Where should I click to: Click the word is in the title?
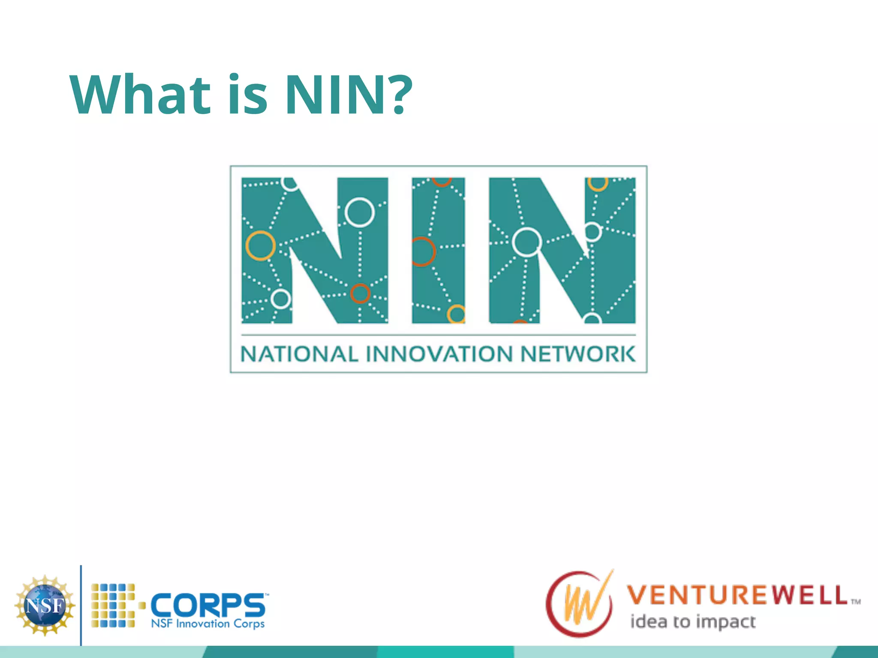[x=247, y=95]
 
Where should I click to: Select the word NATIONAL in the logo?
[x=299, y=354]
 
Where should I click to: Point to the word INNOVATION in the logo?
[x=439, y=354]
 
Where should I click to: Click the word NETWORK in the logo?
[x=578, y=354]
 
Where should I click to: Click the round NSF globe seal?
[x=45, y=605]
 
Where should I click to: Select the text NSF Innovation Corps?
[x=208, y=623]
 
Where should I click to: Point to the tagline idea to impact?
[x=693, y=622]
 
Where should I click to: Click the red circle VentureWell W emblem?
[x=580, y=604]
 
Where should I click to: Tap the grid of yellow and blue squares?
[x=113, y=605]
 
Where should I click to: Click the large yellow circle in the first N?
[x=260, y=245]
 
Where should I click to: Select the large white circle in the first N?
[x=359, y=212]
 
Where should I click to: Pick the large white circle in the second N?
[x=527, y=242]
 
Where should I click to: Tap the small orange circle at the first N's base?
[x=360, y=293]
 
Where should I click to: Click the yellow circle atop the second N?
[x=598, y=183]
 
